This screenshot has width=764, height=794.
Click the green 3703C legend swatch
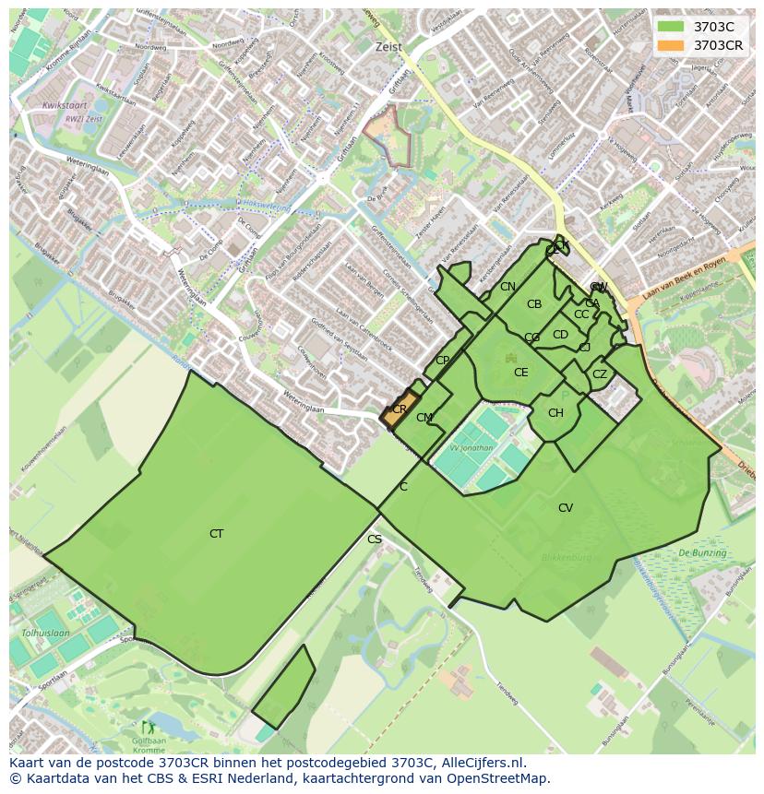click(x=671, y=27)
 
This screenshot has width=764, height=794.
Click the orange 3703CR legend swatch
click(x=671, y=45)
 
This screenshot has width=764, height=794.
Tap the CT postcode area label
click(x=216, y=534)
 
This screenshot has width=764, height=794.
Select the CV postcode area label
click(x=566, y=508)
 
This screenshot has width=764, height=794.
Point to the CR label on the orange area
click(x=400, y=409)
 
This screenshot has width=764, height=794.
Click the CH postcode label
click(x=555, y=413)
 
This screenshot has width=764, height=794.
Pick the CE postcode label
click(x=521, y=373)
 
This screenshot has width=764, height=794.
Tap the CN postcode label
click(x=507, y=287)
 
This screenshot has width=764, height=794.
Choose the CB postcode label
click(x=534, y=304)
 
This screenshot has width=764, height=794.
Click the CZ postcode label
click(x=600, y=374)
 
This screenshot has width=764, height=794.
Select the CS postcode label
click(x=375, y=539)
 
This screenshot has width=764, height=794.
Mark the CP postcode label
click(x=442, y=361)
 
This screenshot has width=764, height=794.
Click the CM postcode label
click(x=424, y=418)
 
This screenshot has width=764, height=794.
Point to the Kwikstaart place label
click(x=64, y=106)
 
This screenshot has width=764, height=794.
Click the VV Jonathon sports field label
click(x=472, y=448)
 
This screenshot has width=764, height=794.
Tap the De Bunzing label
click(x=702, y=553)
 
